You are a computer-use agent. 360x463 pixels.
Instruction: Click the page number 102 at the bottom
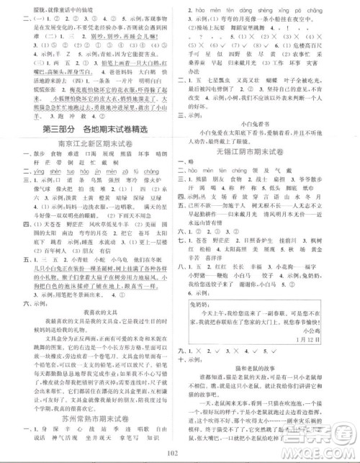(x=180, y=452)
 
